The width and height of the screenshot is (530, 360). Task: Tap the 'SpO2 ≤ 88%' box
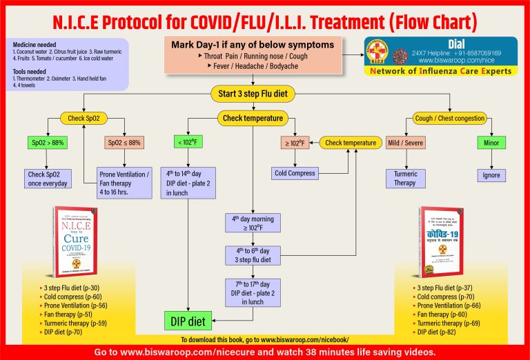[x=124, y=143]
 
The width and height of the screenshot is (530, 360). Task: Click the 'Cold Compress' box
[x=295, y=173]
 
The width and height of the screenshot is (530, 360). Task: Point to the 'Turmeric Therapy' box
[x=405, y=178]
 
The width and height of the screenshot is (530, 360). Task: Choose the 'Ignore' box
[x=491, y=175]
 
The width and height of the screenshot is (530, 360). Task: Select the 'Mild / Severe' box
[x=405, y=143]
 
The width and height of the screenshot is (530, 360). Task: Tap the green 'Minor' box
[x=491, y=143]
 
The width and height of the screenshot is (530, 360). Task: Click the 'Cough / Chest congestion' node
[x=449, y=118]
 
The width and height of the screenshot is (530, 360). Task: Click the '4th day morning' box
[x=253, y=223]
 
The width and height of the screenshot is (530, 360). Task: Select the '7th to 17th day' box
[x=253, y=292]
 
